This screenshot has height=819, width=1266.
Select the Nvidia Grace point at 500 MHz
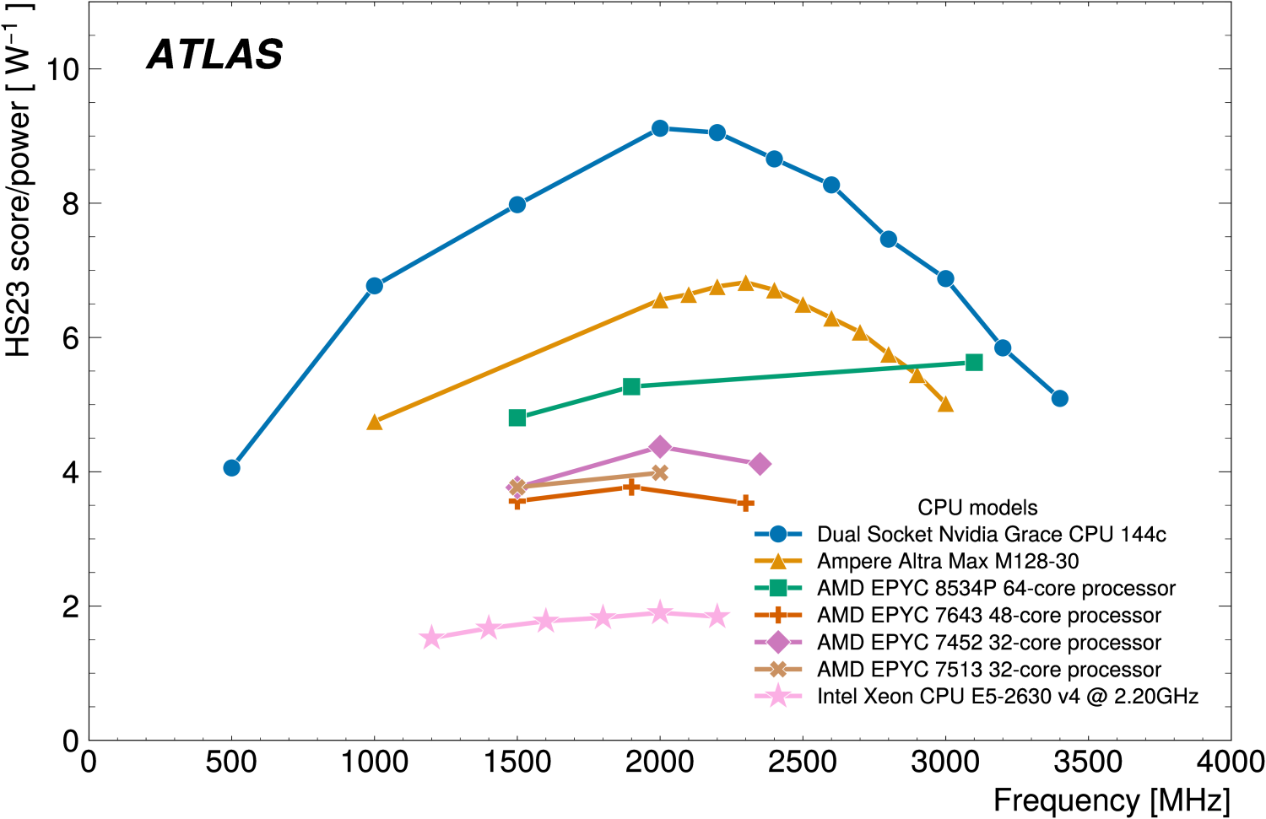(232, 467)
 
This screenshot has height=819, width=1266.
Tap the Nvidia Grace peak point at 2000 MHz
(660, 128)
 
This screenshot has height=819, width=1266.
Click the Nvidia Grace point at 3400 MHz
(1060, 398)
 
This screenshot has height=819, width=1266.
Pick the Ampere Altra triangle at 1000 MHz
(375, 422)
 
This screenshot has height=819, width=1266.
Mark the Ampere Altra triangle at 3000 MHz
(945, 404)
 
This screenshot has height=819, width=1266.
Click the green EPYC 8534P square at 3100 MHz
(974, 363)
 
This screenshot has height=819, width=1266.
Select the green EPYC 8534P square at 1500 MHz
(517, 418)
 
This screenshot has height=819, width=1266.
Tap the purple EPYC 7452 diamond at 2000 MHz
(660, 446)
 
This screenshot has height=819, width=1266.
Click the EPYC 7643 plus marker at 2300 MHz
(745, 504)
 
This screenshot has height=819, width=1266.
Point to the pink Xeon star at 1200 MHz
(431, 638)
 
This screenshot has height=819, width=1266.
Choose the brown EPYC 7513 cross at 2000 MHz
(660, 472)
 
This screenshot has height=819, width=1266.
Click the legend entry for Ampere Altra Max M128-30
(948, 561)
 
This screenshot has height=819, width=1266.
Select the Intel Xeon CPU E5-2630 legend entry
(1008, 696)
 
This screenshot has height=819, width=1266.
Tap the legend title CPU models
(977, 507)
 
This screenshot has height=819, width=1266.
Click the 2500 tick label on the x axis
(803, 762)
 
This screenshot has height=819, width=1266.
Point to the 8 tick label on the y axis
(70, 204)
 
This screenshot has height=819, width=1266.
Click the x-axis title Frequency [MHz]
(1112, 800)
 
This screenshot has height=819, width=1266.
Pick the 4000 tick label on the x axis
(1231, 762)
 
